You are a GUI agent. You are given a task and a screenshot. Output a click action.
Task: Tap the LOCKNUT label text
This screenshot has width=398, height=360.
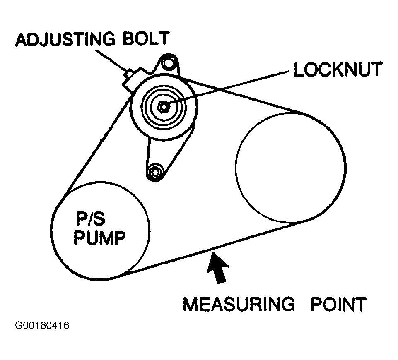pyautogui.click(x=337, y=70)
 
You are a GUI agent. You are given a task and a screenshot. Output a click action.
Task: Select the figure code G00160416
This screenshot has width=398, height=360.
pyautogui.click(x=42, y=326)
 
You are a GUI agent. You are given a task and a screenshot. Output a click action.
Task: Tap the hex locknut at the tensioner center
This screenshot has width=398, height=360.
pyautogui.click(x=164, y=107)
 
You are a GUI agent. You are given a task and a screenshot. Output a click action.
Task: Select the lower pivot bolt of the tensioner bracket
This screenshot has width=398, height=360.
pyautogui.click(x=156, y=171)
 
